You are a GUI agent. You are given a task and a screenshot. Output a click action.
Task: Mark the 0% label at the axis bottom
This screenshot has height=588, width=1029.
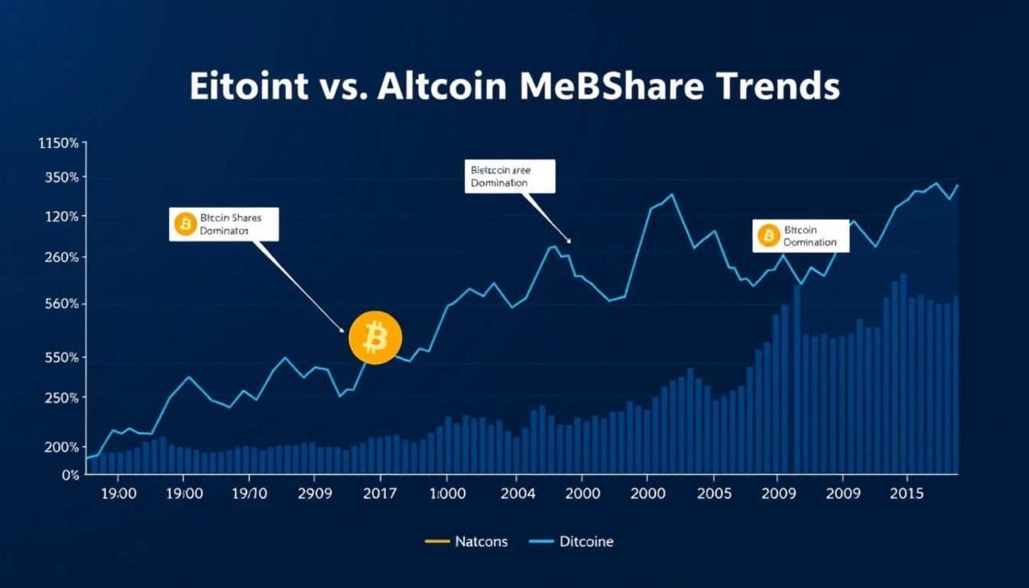[70, 475]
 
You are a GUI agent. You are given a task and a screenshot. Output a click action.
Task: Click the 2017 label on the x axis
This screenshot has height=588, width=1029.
[379, 493]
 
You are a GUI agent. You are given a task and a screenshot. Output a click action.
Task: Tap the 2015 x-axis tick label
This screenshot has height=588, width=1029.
[908, 493]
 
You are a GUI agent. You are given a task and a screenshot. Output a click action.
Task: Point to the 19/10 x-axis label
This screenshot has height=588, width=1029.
[250, 493]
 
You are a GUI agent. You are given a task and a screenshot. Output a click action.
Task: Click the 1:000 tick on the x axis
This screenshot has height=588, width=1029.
[446, 493]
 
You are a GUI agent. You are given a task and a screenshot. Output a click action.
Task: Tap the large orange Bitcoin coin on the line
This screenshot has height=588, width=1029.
[375, 338]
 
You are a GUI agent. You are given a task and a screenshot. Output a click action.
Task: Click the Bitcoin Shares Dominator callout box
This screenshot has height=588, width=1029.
[222, 224]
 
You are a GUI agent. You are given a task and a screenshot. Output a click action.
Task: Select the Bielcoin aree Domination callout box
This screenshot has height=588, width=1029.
[510, 175]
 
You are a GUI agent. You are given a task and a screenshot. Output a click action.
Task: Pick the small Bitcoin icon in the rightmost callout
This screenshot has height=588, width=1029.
[768, 236]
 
